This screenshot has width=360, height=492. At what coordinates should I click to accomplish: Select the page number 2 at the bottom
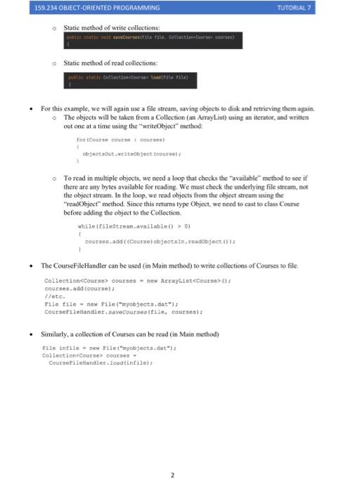coord(172,475)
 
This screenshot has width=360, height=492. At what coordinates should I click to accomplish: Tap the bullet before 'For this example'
coord(34,109)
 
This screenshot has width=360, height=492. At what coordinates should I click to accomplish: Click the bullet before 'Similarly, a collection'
coord(34,334)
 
